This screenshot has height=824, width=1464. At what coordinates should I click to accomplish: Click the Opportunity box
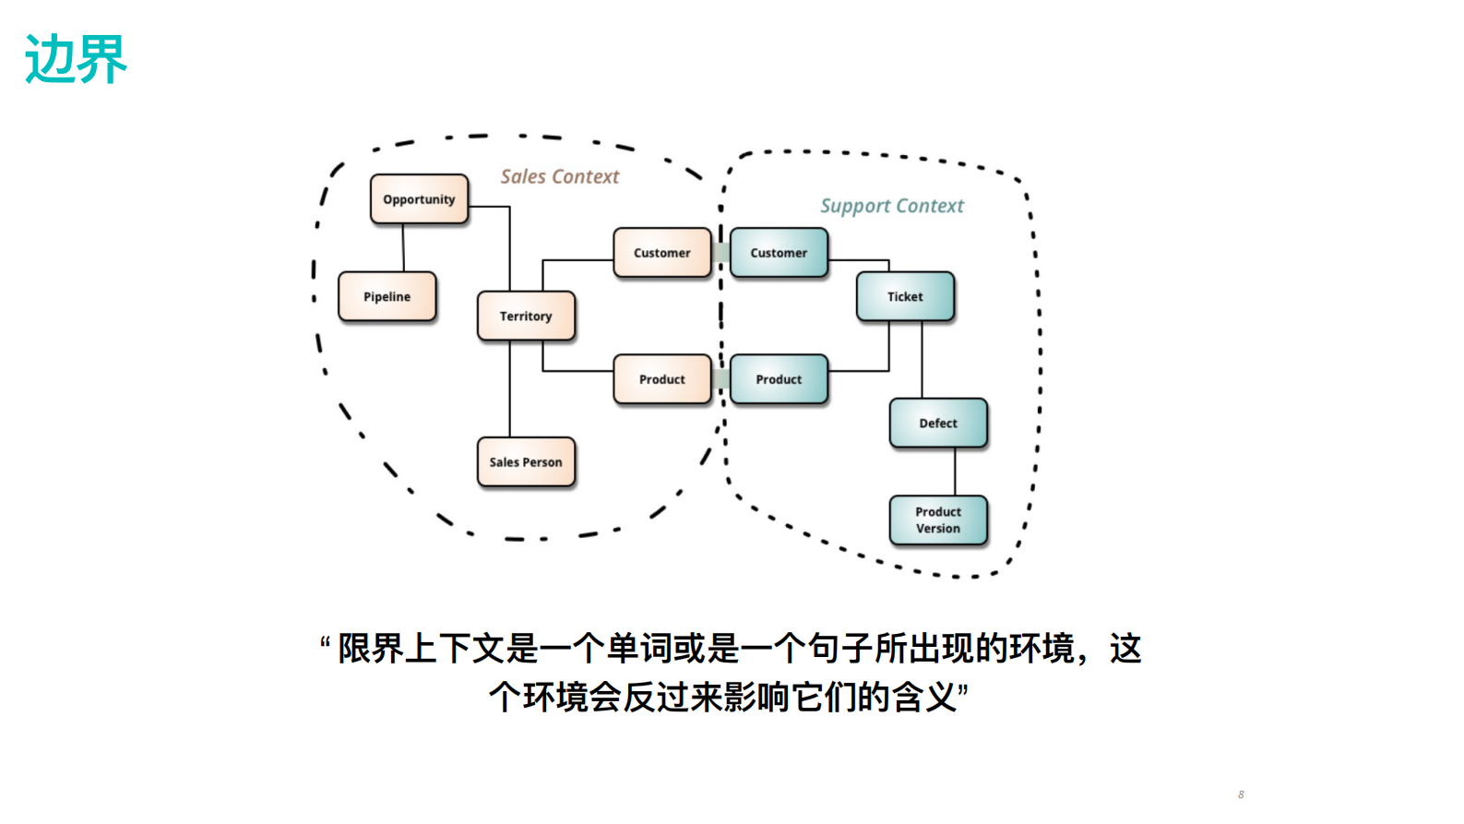(419, 199)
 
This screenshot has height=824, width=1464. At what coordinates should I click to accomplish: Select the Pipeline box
(387, 296)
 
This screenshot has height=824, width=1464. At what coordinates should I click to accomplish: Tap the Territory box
(526, 316)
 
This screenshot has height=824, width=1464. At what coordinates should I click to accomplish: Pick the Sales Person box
(526, 461)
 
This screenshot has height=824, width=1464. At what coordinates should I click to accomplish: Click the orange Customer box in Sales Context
(661, 253)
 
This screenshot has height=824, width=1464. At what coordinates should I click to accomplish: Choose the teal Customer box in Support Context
(779, 253)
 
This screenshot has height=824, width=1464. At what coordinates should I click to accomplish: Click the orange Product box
(661, 379)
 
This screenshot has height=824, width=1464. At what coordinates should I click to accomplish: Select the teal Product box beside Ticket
(779, 379)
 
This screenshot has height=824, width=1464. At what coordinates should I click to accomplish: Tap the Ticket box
(905, 296)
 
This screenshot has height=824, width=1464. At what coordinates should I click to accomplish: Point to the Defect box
(938, 423)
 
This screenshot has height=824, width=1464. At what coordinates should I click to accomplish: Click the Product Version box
(938, 519)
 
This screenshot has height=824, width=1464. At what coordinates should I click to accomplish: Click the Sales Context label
(560, 176)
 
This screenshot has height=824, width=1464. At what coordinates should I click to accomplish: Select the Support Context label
(892, 206)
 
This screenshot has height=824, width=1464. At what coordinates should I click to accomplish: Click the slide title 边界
(76, 59)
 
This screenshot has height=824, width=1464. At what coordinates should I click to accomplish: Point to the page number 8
(1241, 794)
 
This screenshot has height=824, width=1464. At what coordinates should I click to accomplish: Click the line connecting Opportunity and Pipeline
(403, 247)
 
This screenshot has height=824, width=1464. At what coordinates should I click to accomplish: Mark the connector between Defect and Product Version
(955, 472)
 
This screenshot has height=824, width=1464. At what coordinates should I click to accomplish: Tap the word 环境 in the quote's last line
(555, 697)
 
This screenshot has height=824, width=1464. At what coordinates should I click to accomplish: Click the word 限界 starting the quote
(371, 649)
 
